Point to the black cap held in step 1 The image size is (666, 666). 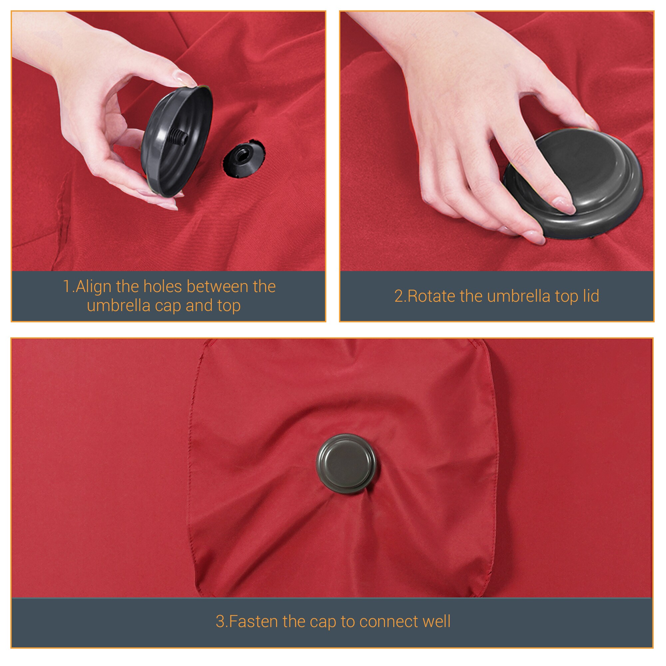pyautogui.click(x=176, y=141)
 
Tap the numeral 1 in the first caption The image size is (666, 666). pyautogui.click(x=67, y=286)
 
